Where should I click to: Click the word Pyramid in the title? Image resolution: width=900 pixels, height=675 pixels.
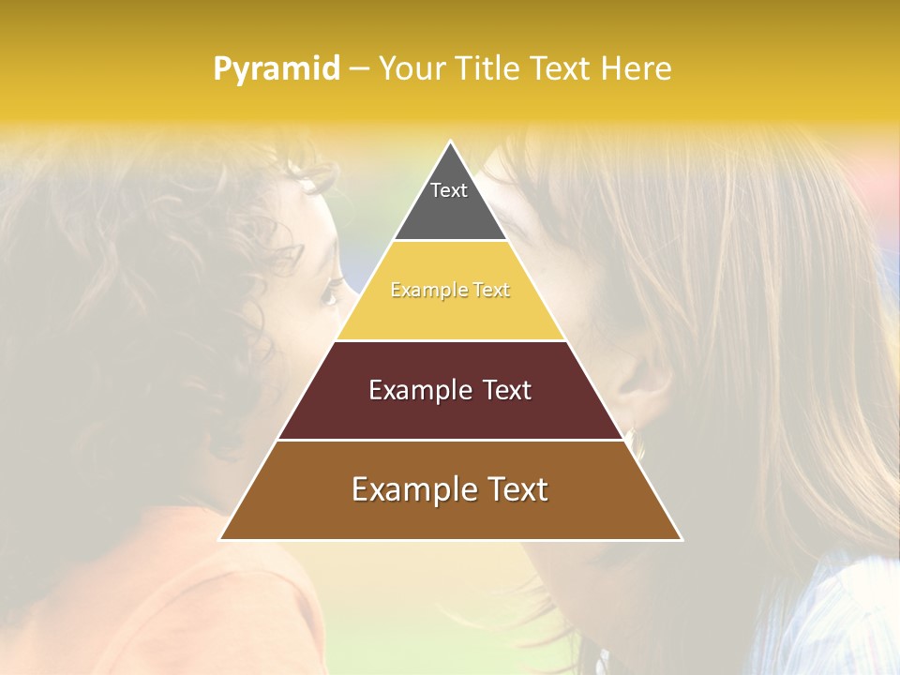(276, 69)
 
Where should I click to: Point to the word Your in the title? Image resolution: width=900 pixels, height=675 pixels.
(409, 68)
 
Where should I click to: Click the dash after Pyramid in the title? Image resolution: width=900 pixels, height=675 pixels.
(358, 69)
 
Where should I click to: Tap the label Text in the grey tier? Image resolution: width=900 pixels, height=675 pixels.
(449, 190)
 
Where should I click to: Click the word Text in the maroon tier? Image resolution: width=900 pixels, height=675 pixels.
(501, 390)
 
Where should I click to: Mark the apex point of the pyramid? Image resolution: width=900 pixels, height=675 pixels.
(451, 142)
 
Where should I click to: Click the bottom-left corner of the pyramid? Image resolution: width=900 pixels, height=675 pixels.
(220, 539)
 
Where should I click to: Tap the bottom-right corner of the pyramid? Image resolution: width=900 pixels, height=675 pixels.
(681, 539)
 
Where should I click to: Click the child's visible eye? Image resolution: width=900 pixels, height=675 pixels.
(330, 296)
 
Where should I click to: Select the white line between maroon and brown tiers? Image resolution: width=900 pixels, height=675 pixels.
(450, 440)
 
